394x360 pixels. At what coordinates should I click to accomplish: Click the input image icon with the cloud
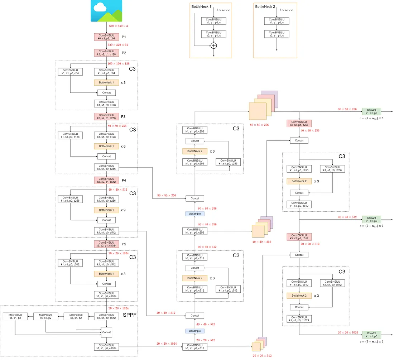[x=107, y=11]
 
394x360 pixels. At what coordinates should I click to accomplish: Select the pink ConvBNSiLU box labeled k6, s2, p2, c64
[x=106, y=37]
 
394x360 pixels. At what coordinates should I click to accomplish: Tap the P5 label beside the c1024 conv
[x=124, y=244]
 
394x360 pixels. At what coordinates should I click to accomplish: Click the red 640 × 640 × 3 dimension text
[x=118, y=26]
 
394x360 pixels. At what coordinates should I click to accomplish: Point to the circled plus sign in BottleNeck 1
[x=213, y=45]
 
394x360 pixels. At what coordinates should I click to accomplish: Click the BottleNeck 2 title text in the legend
[x=265, y=6]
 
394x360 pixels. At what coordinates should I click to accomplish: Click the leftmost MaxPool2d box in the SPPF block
[x=15, y=316]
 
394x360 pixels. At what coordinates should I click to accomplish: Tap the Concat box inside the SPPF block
[x=106, y=332]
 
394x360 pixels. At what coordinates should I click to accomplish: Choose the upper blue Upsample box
[x=194, y=213]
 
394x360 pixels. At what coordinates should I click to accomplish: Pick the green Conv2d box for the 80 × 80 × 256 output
[x=371, y=111]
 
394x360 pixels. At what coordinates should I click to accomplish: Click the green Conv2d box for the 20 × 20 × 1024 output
[x=371, y=335]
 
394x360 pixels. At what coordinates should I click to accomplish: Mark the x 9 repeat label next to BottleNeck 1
[x=123, y=210]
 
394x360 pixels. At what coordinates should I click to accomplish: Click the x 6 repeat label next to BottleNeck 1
[x=123, y=146]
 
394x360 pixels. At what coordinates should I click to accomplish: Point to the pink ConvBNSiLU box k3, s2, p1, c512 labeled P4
[x=106, y=180]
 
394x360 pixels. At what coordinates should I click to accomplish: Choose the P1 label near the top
[x=124, y=37]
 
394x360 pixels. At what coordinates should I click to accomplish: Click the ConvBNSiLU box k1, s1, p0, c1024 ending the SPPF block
[x=106, y=346]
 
